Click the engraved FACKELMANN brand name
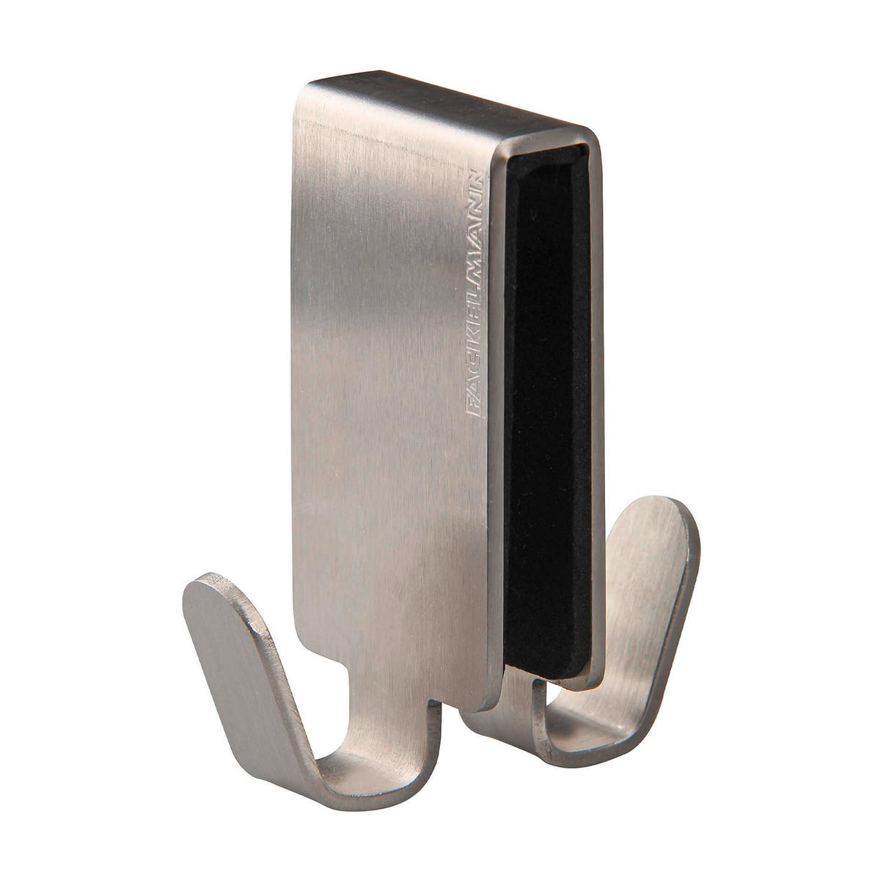pyautogui.click(x=473, y=293)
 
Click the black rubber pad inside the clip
pyautogui.click(x=546, y=414)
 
